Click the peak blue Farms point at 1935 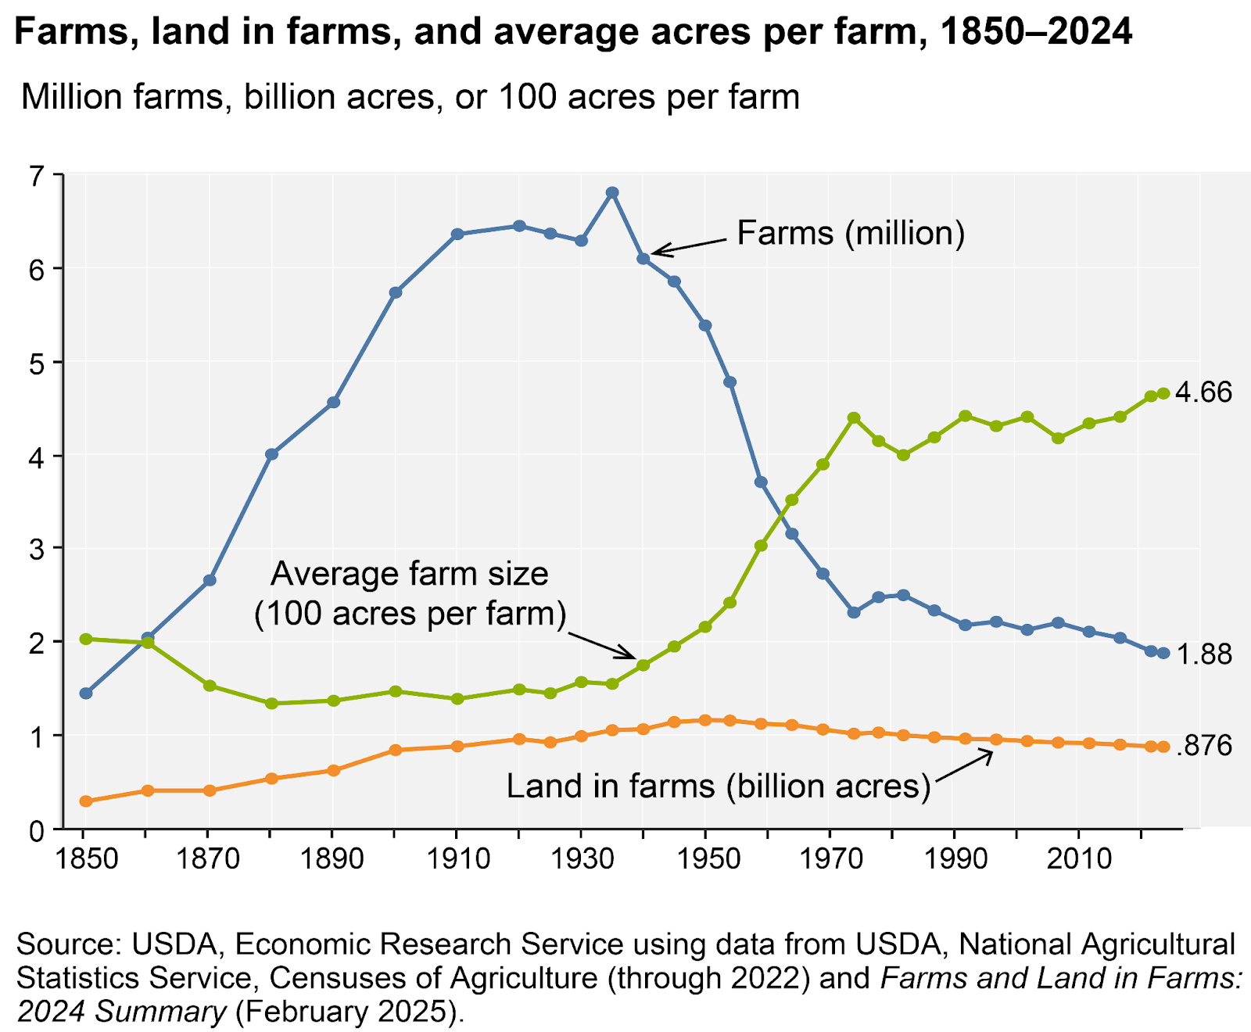coord(612,192)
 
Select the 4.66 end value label coord(1204,392)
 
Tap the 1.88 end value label coord(1204,654)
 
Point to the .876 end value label coord(1204,747)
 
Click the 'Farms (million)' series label coord(851,234)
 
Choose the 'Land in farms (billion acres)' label coord(718,786)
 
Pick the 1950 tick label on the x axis coord(705,859)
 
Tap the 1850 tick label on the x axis coord(86,859)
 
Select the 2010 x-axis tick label coord(1078,859)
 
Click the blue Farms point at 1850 coord(86,693)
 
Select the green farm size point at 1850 coord(86,639)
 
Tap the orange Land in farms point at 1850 coord(86,801)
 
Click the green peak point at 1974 coord(854,417)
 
